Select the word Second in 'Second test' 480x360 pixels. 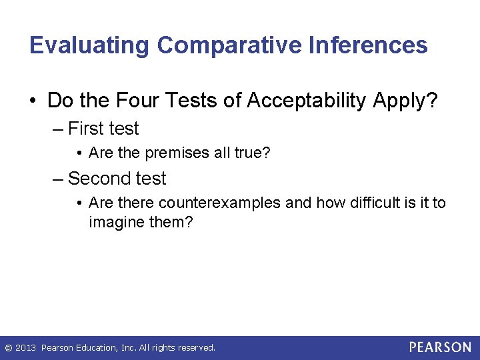(x=97, y=178)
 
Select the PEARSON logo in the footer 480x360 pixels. (x=440, y=347)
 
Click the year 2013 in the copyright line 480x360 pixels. (x=26, y=347)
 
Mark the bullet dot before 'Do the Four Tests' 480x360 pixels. (x=33, y=101)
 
